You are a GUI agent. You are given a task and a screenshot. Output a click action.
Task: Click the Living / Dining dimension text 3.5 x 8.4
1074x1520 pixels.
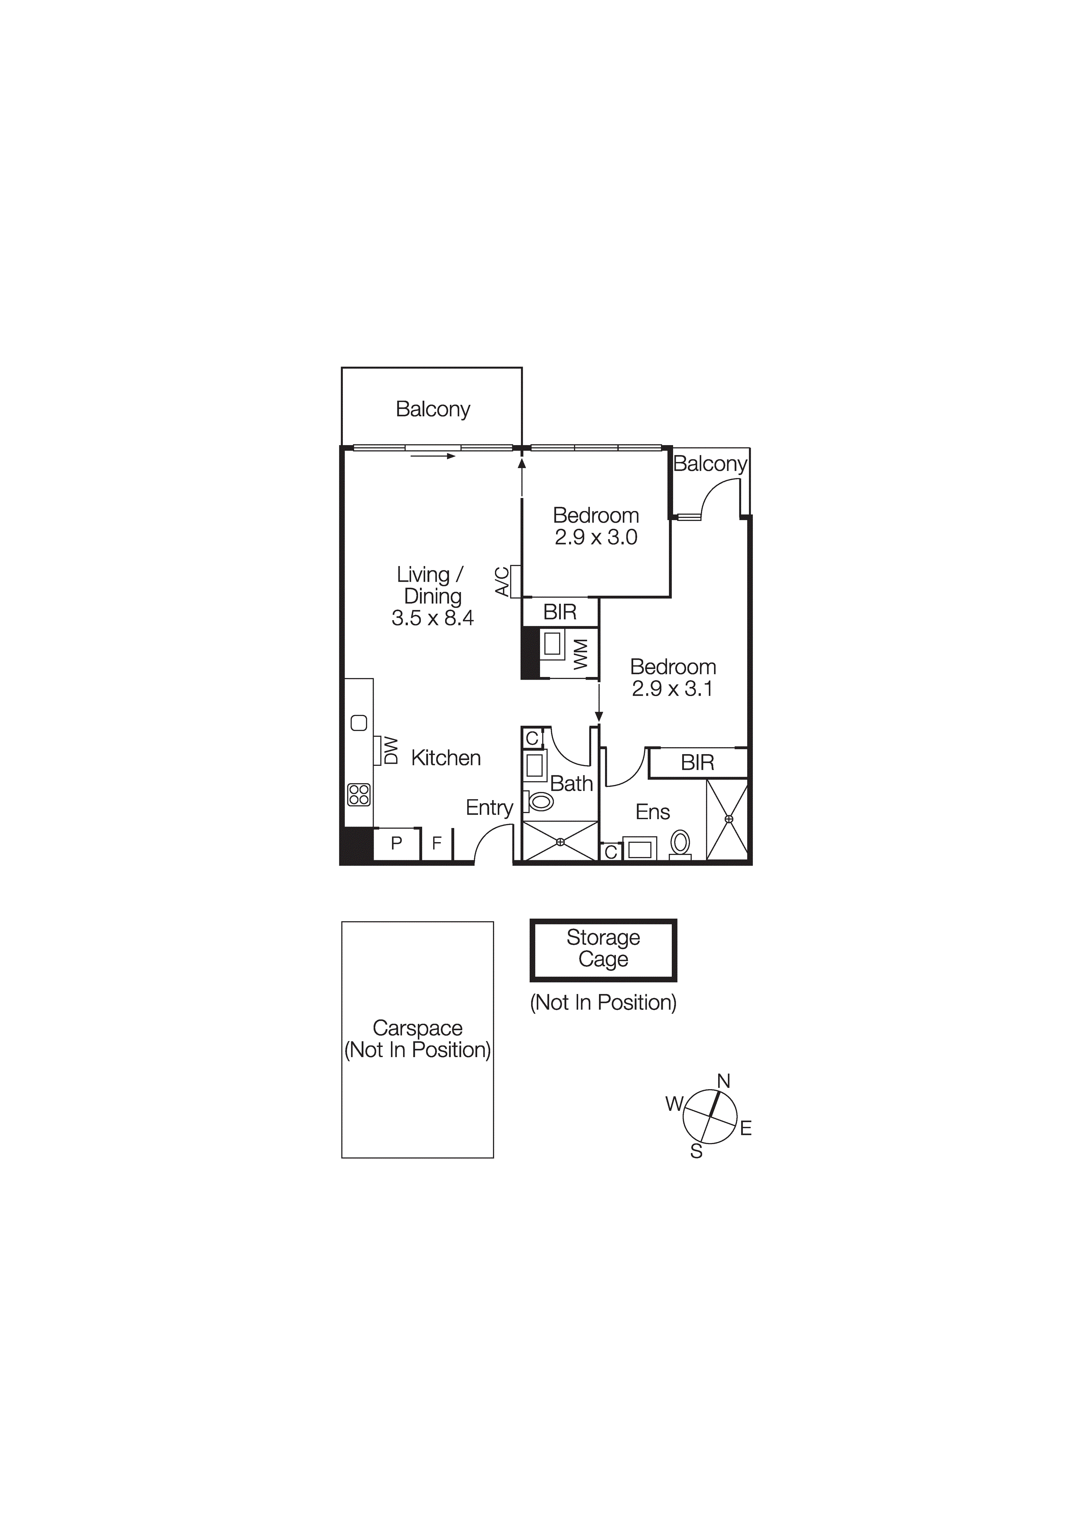(433, 618)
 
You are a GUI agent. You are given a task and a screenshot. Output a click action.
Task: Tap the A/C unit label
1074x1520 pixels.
(503, 581)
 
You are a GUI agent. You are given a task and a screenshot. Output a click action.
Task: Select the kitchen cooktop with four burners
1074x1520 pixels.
(359, 794)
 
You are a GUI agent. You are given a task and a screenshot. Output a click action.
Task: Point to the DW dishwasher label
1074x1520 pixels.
(391, 751)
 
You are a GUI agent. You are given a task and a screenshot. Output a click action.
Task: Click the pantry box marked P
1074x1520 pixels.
(397, 843)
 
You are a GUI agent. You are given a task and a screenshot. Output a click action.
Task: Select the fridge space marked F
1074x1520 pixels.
(437, 843)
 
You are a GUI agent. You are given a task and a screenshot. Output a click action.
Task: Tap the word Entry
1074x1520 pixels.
(489, 807)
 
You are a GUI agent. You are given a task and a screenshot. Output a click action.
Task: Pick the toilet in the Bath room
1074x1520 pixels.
(541, 802)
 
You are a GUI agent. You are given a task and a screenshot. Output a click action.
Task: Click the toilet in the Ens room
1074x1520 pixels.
(680, 843)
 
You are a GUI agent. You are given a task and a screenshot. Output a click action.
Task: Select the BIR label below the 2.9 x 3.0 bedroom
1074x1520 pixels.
(560, 612)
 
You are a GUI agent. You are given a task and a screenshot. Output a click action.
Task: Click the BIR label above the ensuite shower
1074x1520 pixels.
(697, 763)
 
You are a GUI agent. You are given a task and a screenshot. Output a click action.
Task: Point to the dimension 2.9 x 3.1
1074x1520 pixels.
(672, 689)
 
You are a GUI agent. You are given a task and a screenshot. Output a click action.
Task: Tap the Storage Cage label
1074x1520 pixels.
(603, 948)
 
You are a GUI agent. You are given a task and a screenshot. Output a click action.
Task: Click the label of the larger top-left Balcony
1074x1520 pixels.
(433, 409)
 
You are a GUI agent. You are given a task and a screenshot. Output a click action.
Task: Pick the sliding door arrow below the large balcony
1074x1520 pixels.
(433, 456)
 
